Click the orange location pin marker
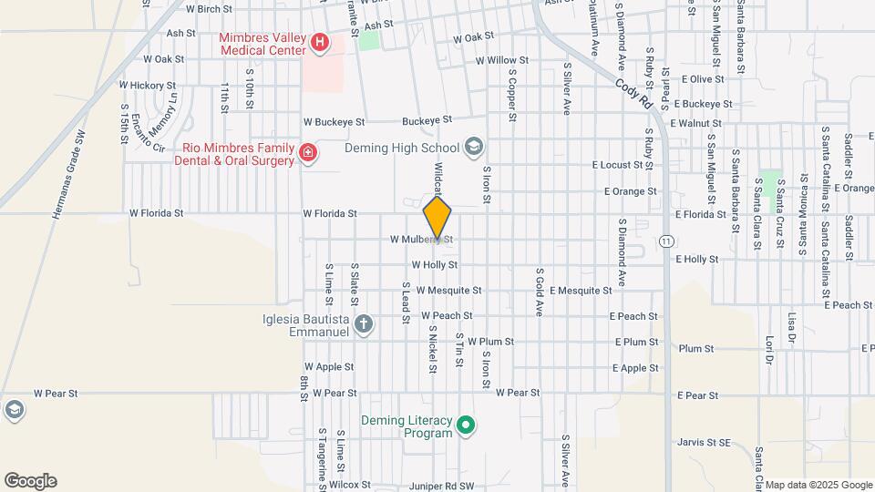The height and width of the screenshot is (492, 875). click(437, 217)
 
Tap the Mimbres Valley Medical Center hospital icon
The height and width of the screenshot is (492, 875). click(319, 43)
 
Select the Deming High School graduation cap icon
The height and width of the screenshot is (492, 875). click(473, 147)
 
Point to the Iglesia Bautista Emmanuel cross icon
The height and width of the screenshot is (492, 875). click(363, 325)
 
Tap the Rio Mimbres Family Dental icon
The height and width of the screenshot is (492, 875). click(308, 152)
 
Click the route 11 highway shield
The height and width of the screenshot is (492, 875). click(668, 241)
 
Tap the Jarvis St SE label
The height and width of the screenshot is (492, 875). click(705, 443)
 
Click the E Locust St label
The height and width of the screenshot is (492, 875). click(623, 165)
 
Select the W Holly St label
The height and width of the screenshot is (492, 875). click(434, 265)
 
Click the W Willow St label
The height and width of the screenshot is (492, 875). click(495, 61)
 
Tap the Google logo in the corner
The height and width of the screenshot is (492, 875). click(30, 480)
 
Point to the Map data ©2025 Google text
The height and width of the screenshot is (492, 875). click(818, 485)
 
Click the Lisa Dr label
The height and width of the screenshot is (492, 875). click(792, 329)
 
